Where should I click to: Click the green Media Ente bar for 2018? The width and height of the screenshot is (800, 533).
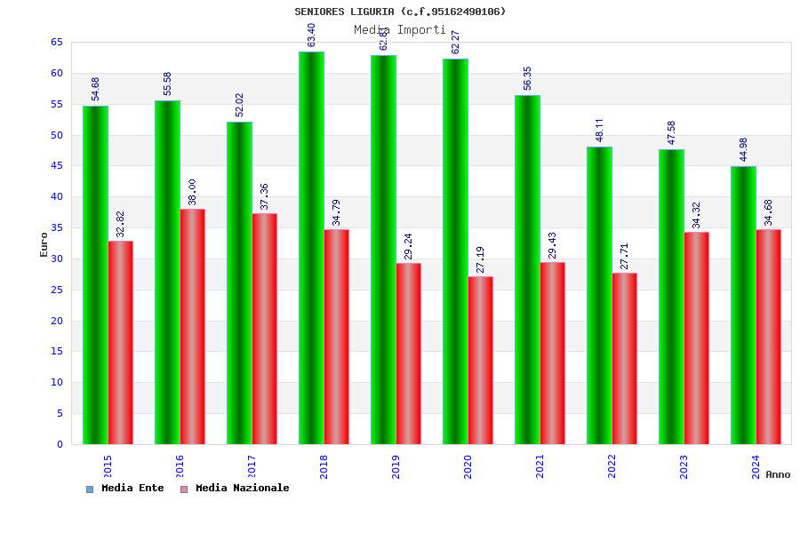coord(311,249)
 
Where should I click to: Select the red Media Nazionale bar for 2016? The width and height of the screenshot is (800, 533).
coord(192,327)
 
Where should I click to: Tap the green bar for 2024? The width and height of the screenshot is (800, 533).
coord(743,305)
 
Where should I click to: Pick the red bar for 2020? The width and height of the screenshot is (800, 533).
coord(480,360)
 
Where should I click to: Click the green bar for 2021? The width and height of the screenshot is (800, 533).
coord(527,269)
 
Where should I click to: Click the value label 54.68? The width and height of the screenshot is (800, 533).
coord(96,88)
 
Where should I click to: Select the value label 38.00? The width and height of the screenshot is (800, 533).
coord(192,192)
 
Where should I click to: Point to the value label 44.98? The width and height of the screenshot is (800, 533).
coord(744,149)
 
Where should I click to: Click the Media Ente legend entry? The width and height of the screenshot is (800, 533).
coord(125,489)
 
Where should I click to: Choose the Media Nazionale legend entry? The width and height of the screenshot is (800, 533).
coord(235,489)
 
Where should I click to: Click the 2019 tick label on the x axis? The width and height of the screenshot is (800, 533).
coord(396,466)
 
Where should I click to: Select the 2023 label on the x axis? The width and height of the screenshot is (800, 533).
coord(684,466)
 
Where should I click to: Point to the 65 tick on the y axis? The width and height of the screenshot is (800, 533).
coord(56,43)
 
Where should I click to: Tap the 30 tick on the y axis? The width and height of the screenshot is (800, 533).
coord(56,259)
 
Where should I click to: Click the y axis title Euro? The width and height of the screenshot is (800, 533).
coord(44,244)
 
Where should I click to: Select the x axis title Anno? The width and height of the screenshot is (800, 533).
coord(778,474)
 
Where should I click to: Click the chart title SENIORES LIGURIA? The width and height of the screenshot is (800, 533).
coord(400,12)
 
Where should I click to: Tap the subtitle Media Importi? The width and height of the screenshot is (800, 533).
coord(400,29)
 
